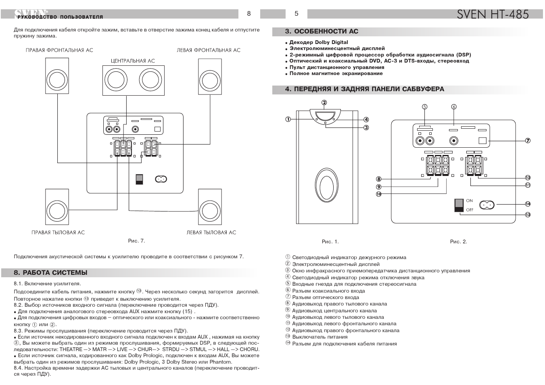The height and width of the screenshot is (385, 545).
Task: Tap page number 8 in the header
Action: (249, 14)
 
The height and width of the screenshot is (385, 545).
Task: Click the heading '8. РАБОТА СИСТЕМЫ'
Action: (50, 273)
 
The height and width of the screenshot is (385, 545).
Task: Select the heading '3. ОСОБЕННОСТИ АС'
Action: (322, 31)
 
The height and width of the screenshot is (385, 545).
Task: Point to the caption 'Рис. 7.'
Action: (136, 241)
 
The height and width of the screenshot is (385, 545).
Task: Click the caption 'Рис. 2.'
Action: (458, 242)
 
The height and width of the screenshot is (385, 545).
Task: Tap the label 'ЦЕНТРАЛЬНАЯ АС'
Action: (133, 61)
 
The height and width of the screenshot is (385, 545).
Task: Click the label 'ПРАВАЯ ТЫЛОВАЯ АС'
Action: (58, 232)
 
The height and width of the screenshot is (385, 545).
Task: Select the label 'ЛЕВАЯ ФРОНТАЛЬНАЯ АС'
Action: (209, 50)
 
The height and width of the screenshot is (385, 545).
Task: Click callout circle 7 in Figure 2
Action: (528, 141)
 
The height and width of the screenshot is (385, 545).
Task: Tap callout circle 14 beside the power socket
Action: (528, 204)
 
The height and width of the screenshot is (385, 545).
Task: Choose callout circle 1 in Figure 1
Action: (288, 119)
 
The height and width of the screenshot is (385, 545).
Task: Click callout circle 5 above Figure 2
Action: (424, 107)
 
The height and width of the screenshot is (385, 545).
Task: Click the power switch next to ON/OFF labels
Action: (459, 205)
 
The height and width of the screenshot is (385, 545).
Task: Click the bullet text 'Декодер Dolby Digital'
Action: (318, 42)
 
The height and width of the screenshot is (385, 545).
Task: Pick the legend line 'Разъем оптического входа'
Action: (325, 297)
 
